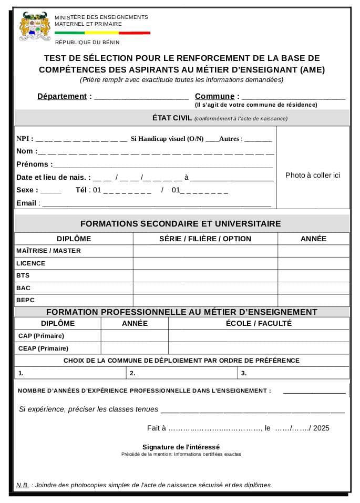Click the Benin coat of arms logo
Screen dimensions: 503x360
pyautogui.click(x=35, y=27)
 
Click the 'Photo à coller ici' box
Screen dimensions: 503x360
pyautogui.click(x=312, y=175)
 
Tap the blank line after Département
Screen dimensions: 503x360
pyautogui.click(x=141, y=97)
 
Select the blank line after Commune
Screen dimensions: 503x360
pyautogui.click(x=293, y=97)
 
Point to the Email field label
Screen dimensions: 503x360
pyautogui.click(x=26, y=203)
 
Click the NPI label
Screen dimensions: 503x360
pyautogui.click(x=24, y=139)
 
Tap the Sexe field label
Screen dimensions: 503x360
pyautogui.click(x=27, y=190)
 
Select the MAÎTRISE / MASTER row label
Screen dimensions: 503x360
pyautogui.click(x=48, y=251)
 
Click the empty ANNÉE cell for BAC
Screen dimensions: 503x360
pyautogui.click(x=313, y=288)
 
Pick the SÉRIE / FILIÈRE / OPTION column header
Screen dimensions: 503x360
pyautogui.click(x=205, y=239)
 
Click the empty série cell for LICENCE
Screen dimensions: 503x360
pyautogui.click(x=205, y=263)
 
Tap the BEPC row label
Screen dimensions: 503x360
pyautogui.click(x=25, y=301)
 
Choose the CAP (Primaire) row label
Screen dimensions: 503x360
pyautogui.click(x=41, y=336)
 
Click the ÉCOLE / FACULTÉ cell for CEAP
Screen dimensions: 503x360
pyautogui.click(x=259, y=348)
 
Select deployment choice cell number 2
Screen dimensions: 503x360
pyautogui.click(x=182, y=373)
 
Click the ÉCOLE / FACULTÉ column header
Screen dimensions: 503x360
pyautogui.click(x=259, y=323)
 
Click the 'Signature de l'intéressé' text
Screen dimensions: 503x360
pyautogui.click(x=181, y=447)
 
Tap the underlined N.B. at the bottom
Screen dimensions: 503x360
pyautogui.click(x=23, y=485)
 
